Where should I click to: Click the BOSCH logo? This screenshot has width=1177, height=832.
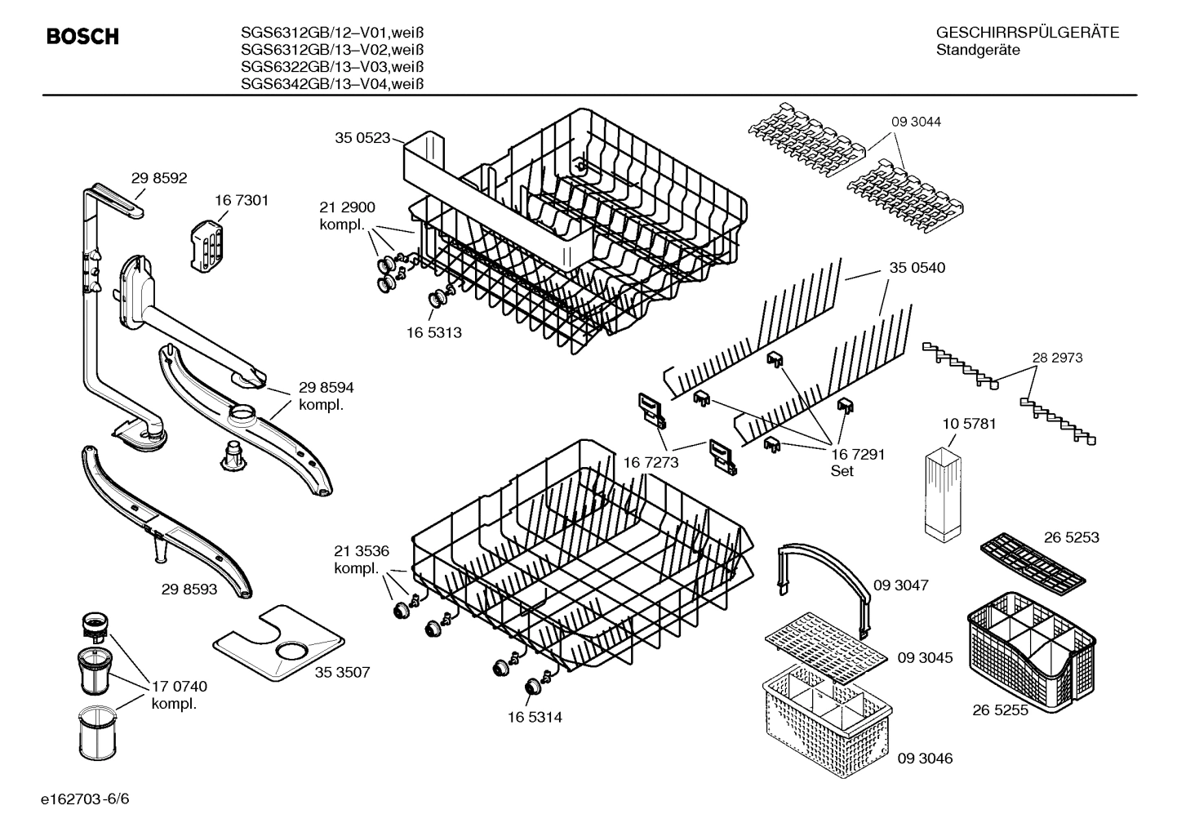82,37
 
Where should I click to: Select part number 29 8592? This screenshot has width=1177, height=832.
159,177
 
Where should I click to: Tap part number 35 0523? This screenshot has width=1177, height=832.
362,138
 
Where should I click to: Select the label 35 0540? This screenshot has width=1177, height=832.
917,268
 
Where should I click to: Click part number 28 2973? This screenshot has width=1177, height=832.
1057,358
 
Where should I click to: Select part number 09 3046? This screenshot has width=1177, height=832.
925,759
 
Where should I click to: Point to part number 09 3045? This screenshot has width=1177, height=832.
925,657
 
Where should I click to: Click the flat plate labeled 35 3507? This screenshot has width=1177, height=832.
278,645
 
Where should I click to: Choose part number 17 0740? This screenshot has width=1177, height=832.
179,687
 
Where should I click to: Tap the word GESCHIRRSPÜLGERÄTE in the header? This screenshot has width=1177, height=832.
1028,33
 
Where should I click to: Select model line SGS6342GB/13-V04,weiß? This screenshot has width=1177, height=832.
332,83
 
